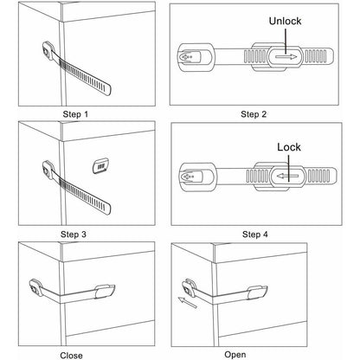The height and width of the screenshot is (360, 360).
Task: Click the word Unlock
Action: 285,21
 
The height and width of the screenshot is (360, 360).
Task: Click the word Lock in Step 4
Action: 289,147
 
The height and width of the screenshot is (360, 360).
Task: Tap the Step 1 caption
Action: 75,114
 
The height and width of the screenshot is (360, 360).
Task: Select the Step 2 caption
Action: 254,114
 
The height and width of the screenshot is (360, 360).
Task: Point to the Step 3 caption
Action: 74,235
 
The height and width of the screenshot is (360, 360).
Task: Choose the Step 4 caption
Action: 255,235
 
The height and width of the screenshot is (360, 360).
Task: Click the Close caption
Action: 71,356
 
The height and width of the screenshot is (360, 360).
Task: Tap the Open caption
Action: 235,355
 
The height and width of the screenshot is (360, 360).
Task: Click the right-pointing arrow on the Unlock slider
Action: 286,57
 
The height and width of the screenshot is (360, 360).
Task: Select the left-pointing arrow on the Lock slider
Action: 287,176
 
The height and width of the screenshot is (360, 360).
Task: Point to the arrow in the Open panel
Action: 188,303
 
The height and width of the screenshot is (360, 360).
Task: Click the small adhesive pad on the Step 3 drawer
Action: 100,166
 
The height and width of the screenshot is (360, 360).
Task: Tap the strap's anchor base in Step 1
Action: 48,51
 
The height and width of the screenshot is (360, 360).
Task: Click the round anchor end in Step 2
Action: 196,57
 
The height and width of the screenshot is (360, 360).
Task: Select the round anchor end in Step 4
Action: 198,177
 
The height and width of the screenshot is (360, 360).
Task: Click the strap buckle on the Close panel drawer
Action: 105,291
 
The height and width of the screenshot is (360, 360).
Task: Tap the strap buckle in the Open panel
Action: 258,292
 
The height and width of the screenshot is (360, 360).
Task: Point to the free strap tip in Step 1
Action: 107,89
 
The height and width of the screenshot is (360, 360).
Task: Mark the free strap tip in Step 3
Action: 106,209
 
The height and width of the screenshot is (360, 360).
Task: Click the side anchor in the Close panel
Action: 36,287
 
